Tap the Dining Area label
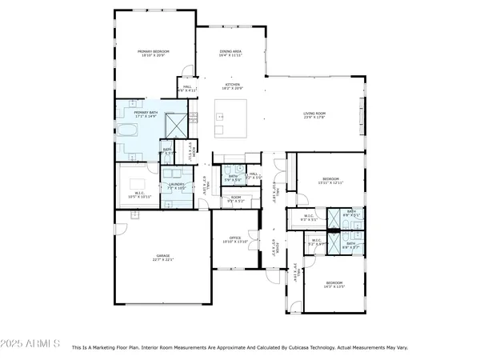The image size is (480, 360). pyautogui.click(x=231, y=53)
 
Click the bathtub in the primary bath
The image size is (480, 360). pyautogui.click(x=128, y=132)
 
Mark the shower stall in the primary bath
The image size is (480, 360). pyautogui.click(x=175, y=125)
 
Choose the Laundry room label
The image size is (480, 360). pyautogui.click(x=176, y=186)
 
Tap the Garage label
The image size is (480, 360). pyautogui.click(x=162, y=258)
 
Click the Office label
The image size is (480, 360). pyautogui.click(x=235, y=239)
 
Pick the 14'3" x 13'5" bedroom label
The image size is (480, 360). pyautogui.click(x=334, y=285)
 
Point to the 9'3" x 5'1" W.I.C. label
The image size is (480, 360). pyautogui.click(x=309, y=217)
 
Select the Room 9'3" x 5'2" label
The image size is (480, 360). pyautogui.click(x=236, y=199)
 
